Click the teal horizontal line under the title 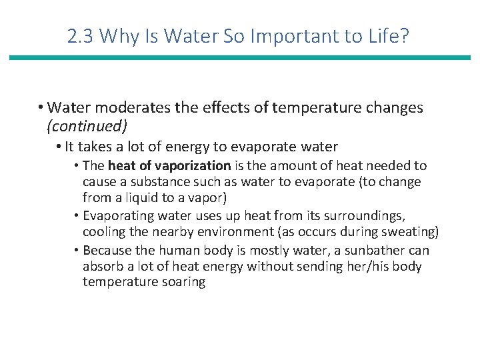click(240, 58)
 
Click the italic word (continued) click(87, 125)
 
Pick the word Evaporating click(119, 216)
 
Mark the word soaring click(183, 282)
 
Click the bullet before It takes click(59, 147)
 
